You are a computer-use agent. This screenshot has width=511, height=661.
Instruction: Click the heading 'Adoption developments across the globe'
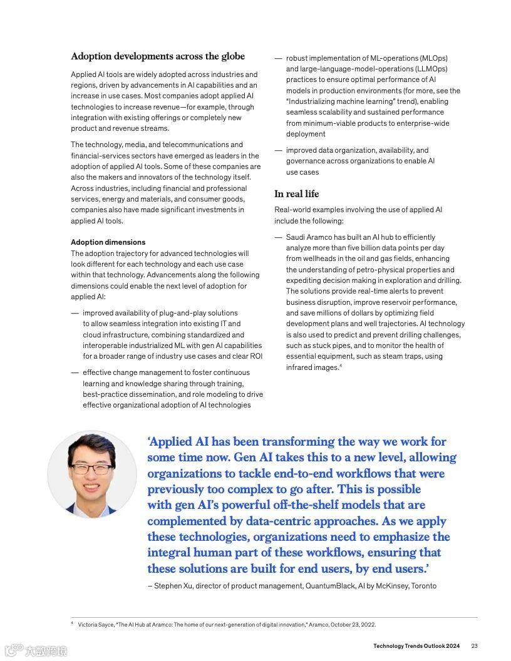(158, 56)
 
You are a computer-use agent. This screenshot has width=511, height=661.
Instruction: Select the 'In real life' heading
(296, 194)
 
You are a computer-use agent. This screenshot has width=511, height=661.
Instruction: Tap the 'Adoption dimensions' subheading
(108, 242)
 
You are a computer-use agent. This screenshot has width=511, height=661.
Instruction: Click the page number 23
(474, 646)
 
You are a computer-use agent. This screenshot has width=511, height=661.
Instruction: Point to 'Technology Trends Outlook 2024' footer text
(416, 646)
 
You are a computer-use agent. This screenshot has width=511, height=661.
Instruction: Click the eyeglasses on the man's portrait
(91, 468)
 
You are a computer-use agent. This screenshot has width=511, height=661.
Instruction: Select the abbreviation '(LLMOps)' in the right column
(431, 69)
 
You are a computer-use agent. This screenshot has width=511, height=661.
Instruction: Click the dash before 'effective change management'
(75, 372)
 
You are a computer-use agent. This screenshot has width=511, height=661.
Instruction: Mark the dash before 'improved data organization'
(279, 150)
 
